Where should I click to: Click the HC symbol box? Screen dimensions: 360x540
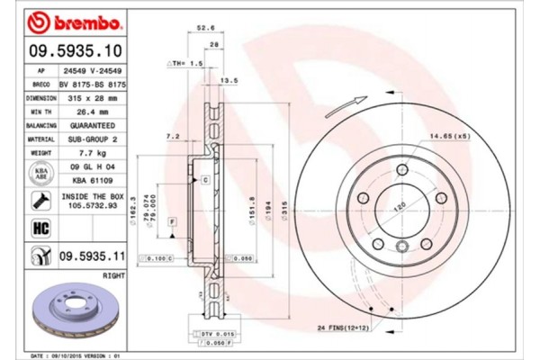[40, 229]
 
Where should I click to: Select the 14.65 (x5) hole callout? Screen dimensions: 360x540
[450, 136]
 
